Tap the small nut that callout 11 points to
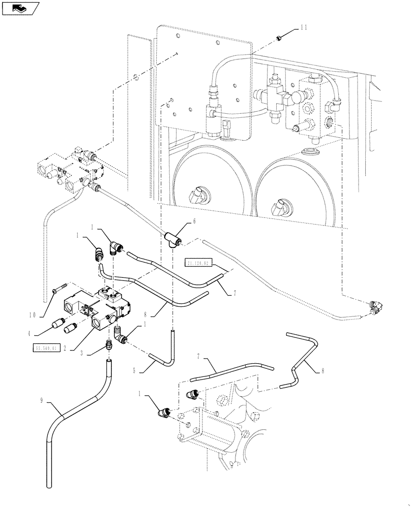pyautogui.click(x=279, y=38)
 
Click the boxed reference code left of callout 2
pyautogui.click(x=47, y=348)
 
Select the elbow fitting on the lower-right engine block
pyautogui.click(x=194, y=394)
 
